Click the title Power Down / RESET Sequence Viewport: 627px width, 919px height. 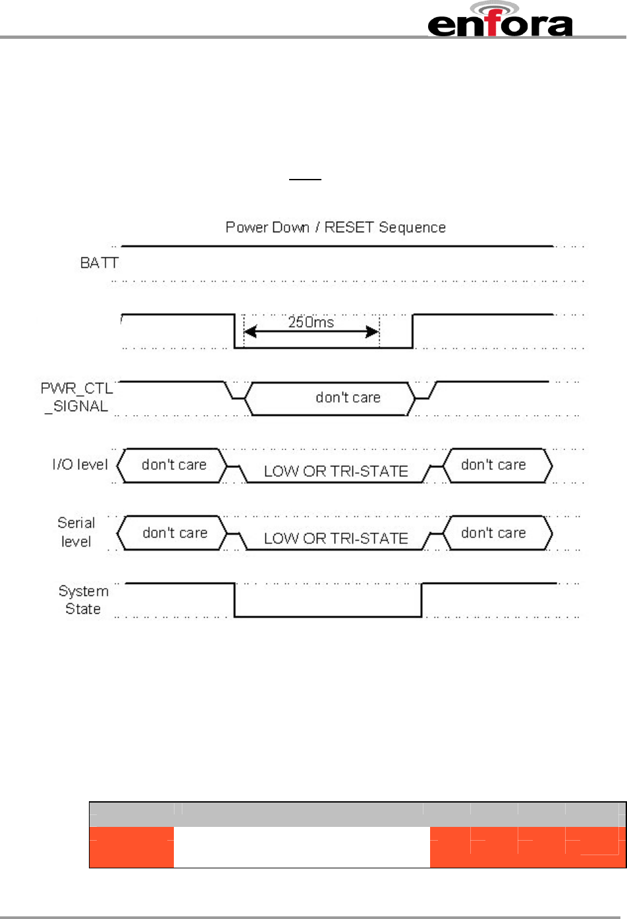click(335, 228)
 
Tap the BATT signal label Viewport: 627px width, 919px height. click(99, 263)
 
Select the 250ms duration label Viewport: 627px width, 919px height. click(311, 322)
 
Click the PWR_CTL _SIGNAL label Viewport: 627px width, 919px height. click(76, 397)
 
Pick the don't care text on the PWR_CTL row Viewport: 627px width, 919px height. click(348, 398)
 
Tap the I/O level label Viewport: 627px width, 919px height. click(80, 465)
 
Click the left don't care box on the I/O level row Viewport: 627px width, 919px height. click(173, 465)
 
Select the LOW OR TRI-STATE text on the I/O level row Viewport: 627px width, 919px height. click(336, 472)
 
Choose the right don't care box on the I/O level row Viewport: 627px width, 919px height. click(494, 465)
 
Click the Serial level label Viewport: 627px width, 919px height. click(76, 532)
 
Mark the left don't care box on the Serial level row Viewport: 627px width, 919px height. click(175, 533)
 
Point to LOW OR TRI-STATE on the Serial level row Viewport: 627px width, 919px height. click(336, 539)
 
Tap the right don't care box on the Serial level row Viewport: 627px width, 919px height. click(494, 533)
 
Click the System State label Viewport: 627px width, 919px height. click(83, 600)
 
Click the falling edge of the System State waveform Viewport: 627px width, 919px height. click(235, 600)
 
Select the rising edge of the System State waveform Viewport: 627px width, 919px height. click(422, 600)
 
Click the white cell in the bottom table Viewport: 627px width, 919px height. click(302, 847)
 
